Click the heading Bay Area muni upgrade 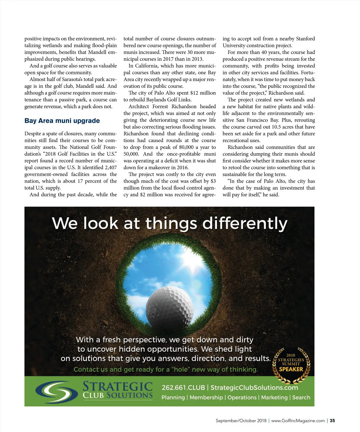62,121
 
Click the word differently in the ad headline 245,224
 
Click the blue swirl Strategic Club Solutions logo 57,392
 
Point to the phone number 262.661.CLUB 183,388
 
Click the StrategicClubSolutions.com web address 254,388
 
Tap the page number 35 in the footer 332,421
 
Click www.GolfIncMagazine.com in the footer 298,421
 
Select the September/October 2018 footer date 241,421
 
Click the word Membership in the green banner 206,398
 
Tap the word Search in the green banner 301,398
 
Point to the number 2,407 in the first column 111,168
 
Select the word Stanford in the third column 305,39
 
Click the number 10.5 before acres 276,127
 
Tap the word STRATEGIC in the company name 118,386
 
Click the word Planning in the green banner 173,398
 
